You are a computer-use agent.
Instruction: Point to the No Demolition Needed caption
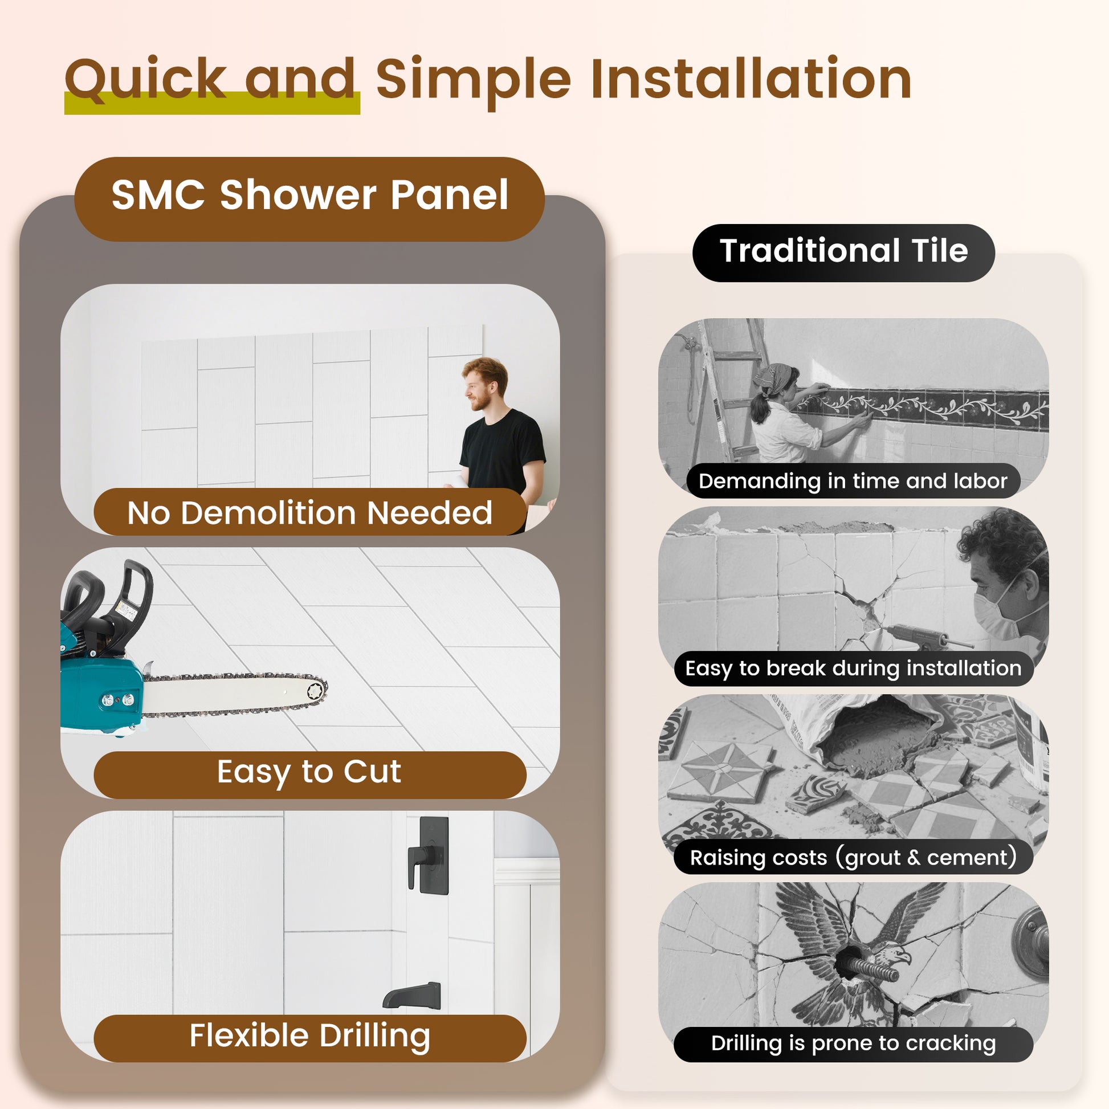coord(309,512)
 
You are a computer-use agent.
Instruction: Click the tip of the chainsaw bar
coord(319,691)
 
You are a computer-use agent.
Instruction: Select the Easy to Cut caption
coord(309,772)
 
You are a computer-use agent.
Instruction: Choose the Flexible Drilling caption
coord(309,1036)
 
